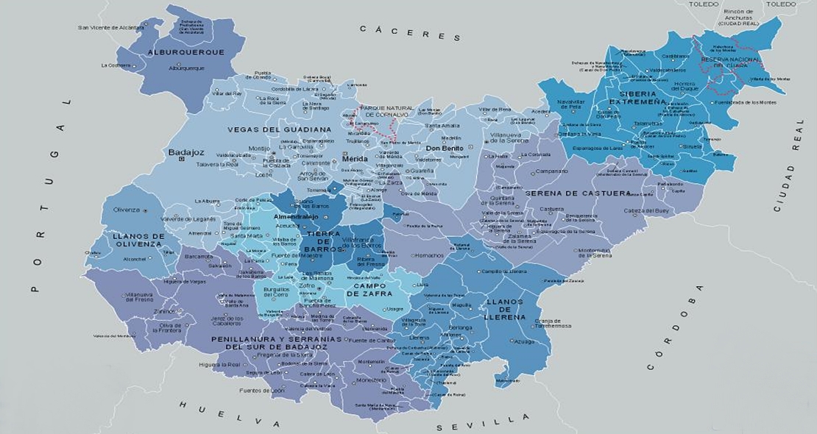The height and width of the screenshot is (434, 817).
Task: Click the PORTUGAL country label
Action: [x=47, y=194]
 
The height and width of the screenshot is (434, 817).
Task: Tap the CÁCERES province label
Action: [x=410, y=32]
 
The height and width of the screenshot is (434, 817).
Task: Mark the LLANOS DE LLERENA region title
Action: [x=504, y=310]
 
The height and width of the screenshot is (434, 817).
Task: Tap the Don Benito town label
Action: [x=444, y=148]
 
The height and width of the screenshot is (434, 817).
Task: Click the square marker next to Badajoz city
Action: [x=181, y=158]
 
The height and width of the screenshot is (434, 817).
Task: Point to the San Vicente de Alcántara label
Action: [x=110, y=28]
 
